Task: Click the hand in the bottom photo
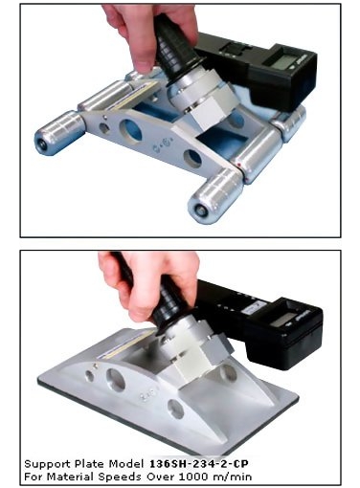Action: (x=144, y=282)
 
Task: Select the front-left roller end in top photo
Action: (x=43, y=141)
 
